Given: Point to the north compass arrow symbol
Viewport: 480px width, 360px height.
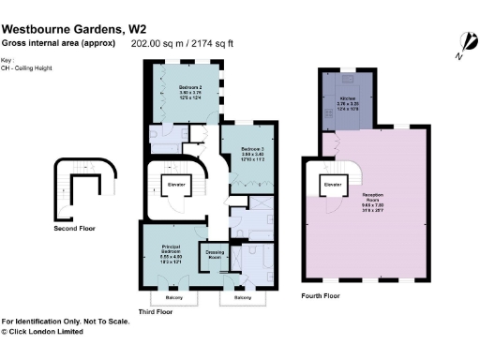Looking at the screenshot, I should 462,42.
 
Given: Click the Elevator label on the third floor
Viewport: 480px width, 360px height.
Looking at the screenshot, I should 177,185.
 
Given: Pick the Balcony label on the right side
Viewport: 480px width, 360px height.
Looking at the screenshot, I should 243,298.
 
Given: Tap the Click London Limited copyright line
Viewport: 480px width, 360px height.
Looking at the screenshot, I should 45,331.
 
